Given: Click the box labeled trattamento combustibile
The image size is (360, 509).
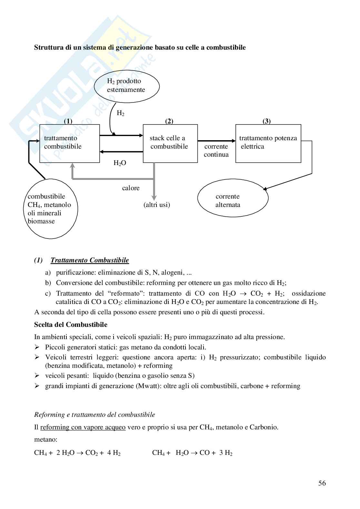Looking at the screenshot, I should (x=69, y=143).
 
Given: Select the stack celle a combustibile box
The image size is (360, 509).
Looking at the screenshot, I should (x=170, y=143).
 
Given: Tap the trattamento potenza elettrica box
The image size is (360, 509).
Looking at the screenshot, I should (x=268, y=143).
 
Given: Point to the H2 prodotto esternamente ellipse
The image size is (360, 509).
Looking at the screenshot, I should (x=127, y=86).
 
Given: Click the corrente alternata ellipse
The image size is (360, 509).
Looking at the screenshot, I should (x=233, y=201).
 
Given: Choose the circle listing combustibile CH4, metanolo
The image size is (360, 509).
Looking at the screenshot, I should (x=51, y=209).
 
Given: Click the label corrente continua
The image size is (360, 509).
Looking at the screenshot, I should (x=216, y=151).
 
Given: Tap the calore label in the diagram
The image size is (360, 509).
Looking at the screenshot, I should (x=131, y=188).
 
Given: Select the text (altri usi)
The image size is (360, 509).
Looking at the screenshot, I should (x=157, y=205).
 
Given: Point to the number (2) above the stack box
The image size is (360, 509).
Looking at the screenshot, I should (x=169, y=121).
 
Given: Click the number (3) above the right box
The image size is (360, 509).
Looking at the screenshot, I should (x=266, y=121).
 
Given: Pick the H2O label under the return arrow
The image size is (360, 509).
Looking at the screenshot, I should (x=120, y=163).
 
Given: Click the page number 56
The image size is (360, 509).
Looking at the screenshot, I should (x=322, y=483).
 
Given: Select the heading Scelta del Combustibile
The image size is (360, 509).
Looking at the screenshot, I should (x=71, y=325).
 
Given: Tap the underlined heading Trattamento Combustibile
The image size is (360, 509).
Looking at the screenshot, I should (x=90, y=260).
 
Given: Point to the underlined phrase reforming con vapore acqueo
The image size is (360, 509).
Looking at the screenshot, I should (x=83, y=427).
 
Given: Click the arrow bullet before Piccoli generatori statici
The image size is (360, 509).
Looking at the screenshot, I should (x=37, y=347).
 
